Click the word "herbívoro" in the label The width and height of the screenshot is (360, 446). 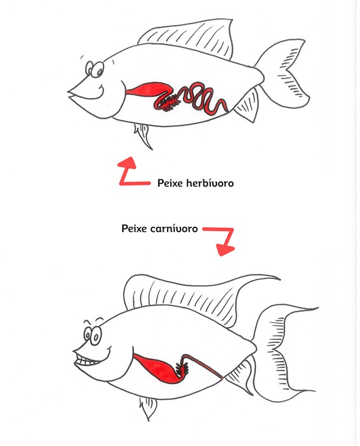tap(210, 183)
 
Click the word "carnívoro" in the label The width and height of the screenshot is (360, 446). tap(174, 229)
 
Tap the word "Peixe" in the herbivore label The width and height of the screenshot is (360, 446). tap(170, 183)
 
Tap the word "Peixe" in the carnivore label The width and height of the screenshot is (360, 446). tap(134, 229)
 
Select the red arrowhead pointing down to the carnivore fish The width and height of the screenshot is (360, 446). tap(225, 250)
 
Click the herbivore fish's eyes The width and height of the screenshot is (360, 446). tap(95, 69)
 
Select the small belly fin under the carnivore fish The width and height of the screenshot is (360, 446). tap(148, 407)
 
